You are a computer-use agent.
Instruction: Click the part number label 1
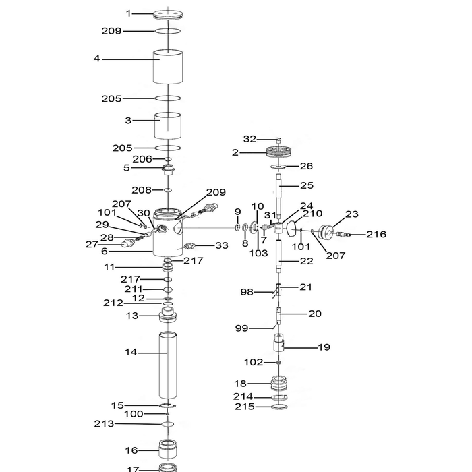click(x=129, y=13)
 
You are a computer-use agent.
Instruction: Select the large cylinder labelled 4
click(x=168, y=67)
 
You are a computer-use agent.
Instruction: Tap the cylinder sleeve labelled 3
click(x=168, y=126)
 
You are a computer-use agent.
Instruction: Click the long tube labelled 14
click(x=168, y=365)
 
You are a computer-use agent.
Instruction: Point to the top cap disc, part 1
click(x=168, y=15)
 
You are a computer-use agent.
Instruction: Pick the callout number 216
click(x=376, y=234)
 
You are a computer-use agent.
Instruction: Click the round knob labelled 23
click(x=326, y=233)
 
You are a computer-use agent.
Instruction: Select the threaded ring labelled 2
click(x=279, y=152)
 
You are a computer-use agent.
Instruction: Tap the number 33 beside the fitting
click(x=222, y=245)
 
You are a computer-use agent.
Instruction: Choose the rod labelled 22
click(x=278, y=256)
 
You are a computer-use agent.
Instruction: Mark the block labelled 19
click(x=278, y=343)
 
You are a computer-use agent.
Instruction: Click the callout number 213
click(x=104, y=424)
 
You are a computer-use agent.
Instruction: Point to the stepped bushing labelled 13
click(x=168, y=315)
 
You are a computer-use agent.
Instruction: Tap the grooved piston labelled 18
click(x=279, y=384)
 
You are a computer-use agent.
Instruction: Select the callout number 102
click(x=254, y=362)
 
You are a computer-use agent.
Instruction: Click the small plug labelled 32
click(x=278, y=140)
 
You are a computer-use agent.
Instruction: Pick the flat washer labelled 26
click(x=279, y=167)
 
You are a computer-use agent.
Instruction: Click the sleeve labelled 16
click(x=168, y=449)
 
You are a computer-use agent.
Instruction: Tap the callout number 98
click(x=247, y=292)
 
